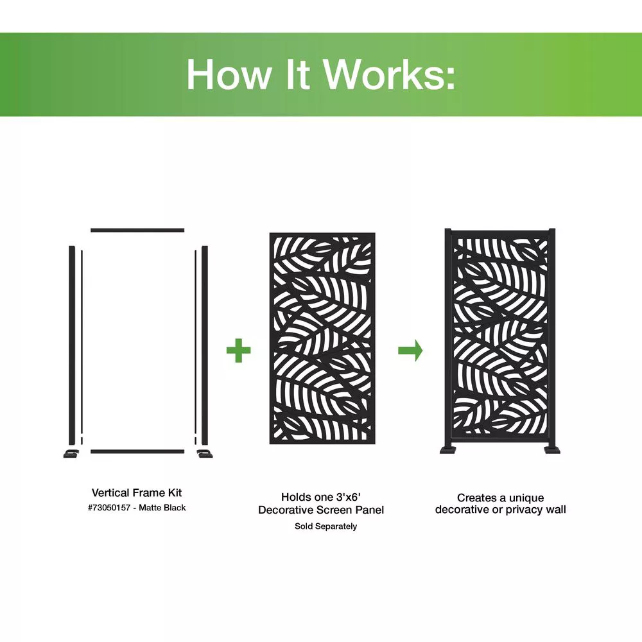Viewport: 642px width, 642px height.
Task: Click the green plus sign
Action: tap(238, 351)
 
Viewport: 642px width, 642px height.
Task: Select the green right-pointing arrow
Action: tap(410, 351)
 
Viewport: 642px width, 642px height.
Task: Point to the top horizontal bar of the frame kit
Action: tap(137, 230)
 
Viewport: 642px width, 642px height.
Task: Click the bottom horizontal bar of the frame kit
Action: tap(137, 451)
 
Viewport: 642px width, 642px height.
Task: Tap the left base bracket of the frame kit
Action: tap(72, 454)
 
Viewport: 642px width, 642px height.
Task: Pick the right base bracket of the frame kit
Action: tap(204, 454)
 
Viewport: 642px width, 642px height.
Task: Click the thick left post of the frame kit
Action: tap(72, 345)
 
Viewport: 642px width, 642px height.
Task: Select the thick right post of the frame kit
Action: tap(205, 345)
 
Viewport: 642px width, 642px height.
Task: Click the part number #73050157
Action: tap(109, 508)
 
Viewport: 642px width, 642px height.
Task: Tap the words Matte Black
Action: tap(162, 508)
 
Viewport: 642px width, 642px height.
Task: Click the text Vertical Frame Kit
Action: tap(137, 492)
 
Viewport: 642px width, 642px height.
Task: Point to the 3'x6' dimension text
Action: tap(349, 497)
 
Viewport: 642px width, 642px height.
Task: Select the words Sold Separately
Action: tap(326, 526)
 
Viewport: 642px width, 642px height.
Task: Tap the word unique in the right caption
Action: tap(526, 498)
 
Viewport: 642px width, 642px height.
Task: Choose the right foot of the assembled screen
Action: tap(551, 450)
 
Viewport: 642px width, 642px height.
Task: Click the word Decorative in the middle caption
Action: tap(285, 510)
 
